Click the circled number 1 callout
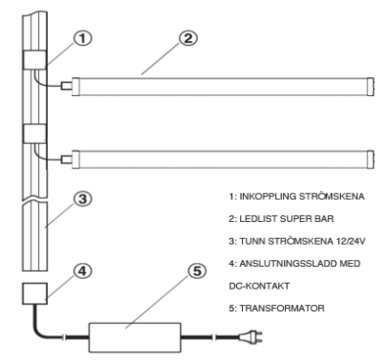tap(83, 38)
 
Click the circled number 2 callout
tap(189, 38)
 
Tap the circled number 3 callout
tap(83, 199)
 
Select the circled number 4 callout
tap(83, 271)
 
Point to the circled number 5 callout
tap(197, 271)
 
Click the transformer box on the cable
tap(135, 337)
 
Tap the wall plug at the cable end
tap(251, 337)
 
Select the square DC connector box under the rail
tap(34, 293)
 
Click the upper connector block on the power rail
tap(34, 60)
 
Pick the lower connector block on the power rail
tap(34, 133)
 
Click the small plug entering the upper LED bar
tap(67, 86)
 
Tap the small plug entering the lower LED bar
tap(67, 159)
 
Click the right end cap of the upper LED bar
tap(371, 86)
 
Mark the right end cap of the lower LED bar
tap(371, 159)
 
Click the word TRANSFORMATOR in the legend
tap(282, 309)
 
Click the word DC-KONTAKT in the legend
tap(259, 286)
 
